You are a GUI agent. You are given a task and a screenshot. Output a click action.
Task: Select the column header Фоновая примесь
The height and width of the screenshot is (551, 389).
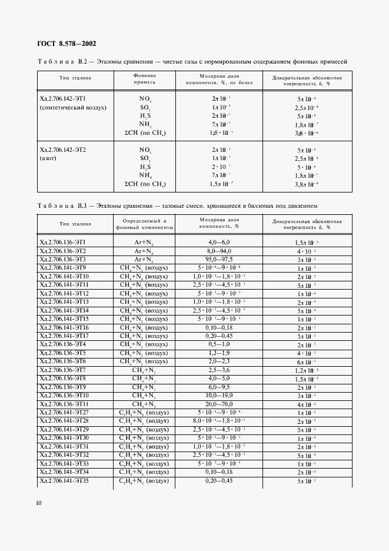144,79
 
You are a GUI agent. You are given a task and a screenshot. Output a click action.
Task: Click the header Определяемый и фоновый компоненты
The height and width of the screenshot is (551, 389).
144,225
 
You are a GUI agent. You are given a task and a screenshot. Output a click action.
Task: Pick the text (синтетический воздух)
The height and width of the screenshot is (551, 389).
72,108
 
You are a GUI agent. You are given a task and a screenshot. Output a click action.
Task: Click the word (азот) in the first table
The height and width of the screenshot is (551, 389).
49,159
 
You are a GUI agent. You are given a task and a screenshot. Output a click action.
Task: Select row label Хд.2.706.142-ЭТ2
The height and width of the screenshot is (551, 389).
62,150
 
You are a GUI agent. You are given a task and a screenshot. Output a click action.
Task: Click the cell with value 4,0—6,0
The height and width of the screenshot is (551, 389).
219,242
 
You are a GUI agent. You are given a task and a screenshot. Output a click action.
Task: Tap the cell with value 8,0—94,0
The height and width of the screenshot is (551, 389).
219,251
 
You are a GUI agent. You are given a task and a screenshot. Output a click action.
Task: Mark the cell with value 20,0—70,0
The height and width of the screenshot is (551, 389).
219,404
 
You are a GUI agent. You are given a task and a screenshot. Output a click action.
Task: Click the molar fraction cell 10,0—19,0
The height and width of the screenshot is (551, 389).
219,396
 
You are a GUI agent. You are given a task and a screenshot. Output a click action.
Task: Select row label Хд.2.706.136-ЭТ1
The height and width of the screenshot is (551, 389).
62,242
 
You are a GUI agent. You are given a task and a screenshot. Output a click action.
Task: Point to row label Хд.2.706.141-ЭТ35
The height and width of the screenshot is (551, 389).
64,481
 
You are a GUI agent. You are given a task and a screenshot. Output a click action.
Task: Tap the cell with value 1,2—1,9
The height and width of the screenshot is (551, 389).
219,353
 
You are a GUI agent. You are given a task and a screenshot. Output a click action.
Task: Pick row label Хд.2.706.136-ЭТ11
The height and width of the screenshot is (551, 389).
64,404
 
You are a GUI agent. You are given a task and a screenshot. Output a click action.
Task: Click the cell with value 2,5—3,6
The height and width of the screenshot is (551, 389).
219,370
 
